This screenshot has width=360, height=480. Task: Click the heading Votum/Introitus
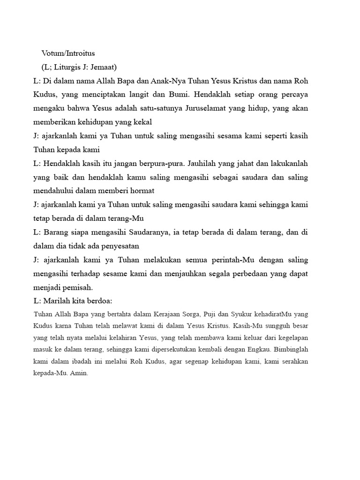point(68,54)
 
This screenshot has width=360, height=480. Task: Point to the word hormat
point(142,191)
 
